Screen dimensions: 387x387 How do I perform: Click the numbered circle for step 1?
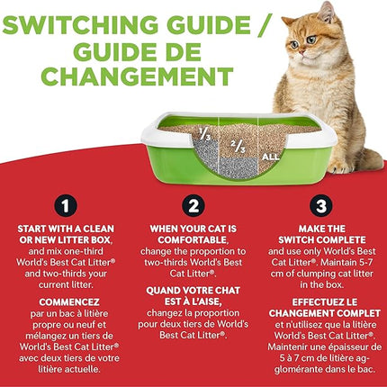pos(65,205)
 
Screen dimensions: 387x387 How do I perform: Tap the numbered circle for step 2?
pos(194,205)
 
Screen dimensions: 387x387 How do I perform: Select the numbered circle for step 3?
pos(322,205)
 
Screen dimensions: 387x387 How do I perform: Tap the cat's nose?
pos(303,42)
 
